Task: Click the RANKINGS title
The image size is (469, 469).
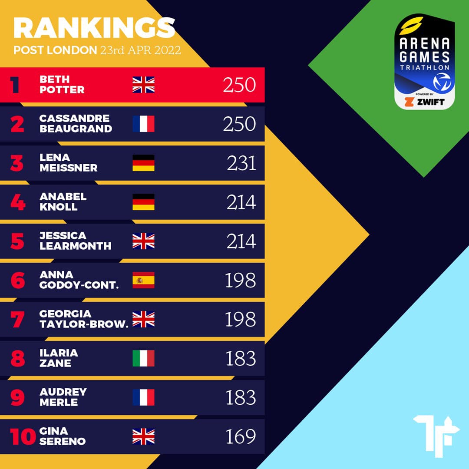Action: tap(94, 28)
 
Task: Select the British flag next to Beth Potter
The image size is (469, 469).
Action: tap(143, 85)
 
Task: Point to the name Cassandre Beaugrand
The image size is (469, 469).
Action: tap(76, 124)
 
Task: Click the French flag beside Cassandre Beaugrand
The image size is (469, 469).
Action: tap(143, 124)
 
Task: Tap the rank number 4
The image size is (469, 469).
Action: tap(18, 202)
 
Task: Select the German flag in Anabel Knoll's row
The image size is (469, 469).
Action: tap(143, 202)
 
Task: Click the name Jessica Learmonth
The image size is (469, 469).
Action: tap(75, 241)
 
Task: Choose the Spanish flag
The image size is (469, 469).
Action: tap(143, 280)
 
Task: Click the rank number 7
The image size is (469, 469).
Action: tap(18, 320)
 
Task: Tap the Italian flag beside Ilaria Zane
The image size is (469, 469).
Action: tap(143, 358)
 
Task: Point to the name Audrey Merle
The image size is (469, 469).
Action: tap(63, 397)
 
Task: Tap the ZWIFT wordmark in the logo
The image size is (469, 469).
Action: tap(430, 102)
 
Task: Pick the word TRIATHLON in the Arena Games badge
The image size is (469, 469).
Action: tap(425, 68)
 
